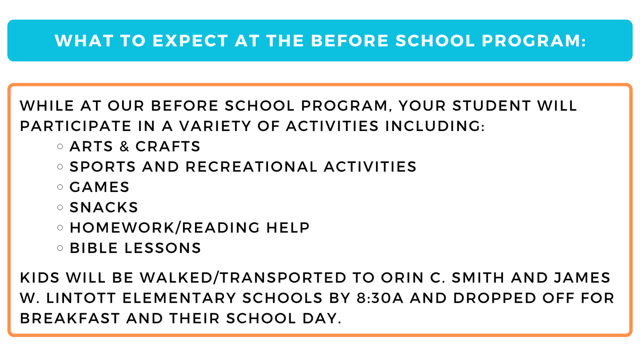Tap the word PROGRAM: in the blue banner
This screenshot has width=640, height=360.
(534, 41)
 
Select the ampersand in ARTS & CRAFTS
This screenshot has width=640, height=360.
(124, 146)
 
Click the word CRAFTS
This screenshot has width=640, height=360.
(168, 146)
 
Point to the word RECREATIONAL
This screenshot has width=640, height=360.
(251, 167)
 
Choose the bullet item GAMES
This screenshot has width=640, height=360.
(99, 187)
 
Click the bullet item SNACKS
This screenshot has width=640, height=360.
(104, 207)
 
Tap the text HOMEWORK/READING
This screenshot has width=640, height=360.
(165, 228)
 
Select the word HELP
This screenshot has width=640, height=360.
(288, 228)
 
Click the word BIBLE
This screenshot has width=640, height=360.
(93, 248)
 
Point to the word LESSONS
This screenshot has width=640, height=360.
(162, 248)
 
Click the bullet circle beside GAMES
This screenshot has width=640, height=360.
(60, 187)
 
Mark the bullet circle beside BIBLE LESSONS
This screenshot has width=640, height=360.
(60, 248)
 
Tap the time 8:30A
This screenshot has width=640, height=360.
(380, 298)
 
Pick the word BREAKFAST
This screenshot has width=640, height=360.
(70, 319)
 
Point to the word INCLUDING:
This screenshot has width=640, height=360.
(435, 126)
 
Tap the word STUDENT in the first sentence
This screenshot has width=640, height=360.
(491, 106)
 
